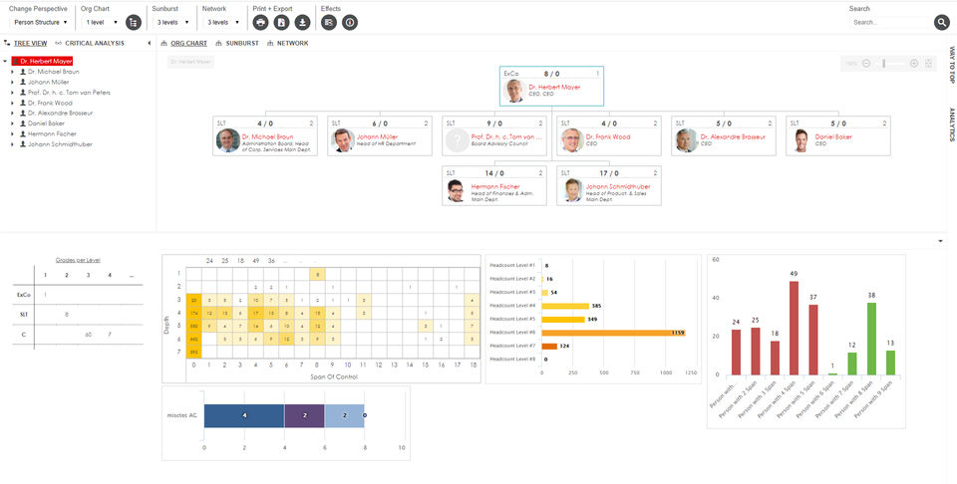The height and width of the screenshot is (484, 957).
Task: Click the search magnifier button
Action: point(942,22)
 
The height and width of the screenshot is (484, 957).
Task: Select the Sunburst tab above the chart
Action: point(240,44)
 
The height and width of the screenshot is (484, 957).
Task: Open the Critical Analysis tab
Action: point(95,44)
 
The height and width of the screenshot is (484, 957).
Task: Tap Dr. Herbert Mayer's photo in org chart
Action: point(514,91)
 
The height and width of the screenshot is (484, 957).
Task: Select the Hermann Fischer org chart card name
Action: point(495,186)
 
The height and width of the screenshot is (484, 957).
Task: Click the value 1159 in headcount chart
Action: point(678,332)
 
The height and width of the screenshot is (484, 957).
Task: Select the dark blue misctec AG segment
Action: point(243,415)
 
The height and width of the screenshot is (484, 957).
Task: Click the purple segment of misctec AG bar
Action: point(304,415)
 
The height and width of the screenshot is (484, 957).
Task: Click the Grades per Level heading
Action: point(78,259)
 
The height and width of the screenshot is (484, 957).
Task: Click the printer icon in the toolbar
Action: point(260,22)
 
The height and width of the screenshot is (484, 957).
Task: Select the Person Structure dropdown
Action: point(41,22)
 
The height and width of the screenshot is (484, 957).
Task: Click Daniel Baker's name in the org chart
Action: point(833,136)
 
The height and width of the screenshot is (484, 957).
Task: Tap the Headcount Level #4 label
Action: point(512,305)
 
